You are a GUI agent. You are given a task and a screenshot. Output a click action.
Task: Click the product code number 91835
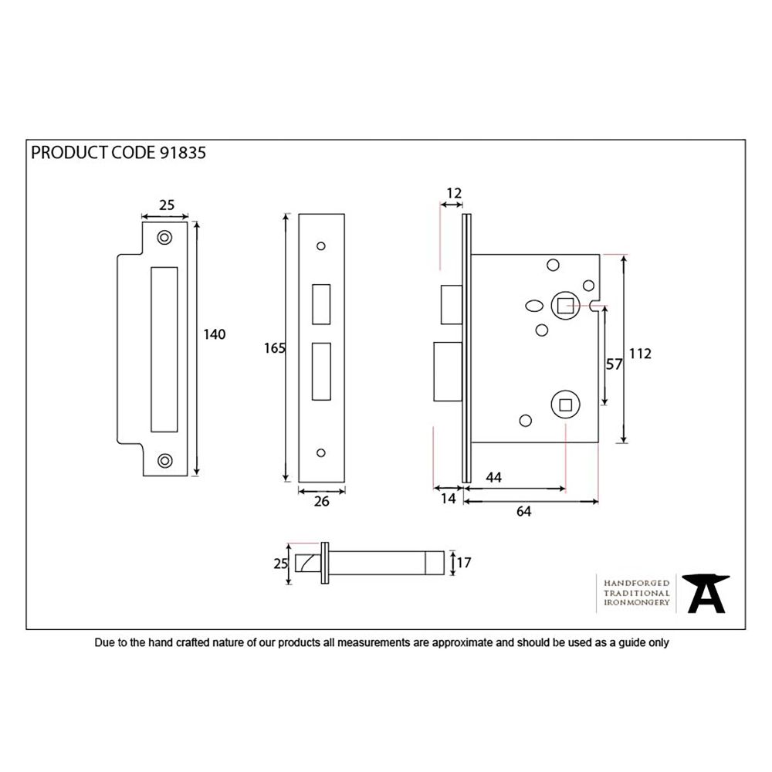point(183,153)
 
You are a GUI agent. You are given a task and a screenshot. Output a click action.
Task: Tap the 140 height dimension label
point(213,334)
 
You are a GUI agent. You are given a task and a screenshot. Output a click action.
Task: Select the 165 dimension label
point(274,348)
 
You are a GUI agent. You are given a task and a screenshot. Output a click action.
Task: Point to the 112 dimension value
point(640,354)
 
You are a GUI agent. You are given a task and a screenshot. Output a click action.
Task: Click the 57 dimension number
point(614,364)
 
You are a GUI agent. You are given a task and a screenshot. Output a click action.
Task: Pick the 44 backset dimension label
point(493,478)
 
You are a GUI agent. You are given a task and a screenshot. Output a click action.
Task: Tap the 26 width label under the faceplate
point(322,502)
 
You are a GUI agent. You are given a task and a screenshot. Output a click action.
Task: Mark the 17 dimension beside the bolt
point(463,564)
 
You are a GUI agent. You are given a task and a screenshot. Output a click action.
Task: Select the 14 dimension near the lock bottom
point(448,499)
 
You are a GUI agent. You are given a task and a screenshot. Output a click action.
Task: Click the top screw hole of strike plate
point(164,238)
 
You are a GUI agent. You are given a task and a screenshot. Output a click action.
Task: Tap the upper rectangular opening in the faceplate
point(320,304)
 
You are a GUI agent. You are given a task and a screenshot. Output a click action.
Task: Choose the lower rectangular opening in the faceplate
point(320,372)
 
